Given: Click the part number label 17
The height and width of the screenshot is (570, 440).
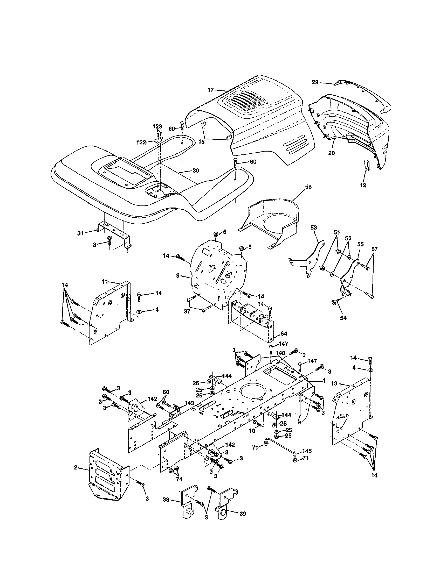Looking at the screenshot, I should coord(210,90).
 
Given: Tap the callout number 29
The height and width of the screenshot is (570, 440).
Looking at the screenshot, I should coord(315,82).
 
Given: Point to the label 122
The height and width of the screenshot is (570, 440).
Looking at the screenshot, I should coord(141,142).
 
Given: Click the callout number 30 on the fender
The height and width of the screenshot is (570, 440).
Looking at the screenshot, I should coord(196,171).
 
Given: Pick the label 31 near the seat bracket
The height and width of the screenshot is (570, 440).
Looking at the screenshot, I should coord(80,233).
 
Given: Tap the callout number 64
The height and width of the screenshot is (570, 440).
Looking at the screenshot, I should coord(284,333).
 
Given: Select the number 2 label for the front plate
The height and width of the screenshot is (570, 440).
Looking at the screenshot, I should coord(75,475).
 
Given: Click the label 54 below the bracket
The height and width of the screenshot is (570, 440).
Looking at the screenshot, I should coord(343,318).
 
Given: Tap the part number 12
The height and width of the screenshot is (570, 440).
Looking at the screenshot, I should coord(363,185).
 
